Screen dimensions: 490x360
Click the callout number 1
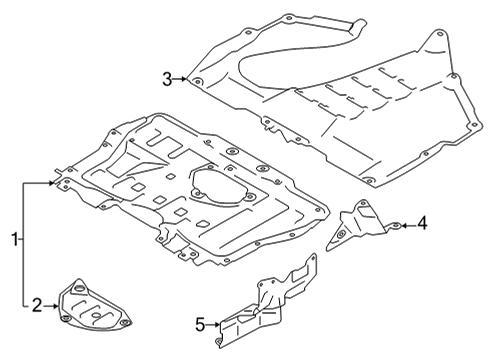(14, 239)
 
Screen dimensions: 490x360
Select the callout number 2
(37, 305)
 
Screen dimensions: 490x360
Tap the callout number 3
(168, 79)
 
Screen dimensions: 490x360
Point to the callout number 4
(422, 223)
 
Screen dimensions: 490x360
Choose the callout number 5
(200, 324)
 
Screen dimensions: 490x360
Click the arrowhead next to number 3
(184, 79)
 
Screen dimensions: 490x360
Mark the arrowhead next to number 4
(404, 226)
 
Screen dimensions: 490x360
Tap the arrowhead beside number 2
(55, 306)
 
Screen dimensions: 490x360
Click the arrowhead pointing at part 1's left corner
(51, 183)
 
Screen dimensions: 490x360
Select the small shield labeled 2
(94, 308)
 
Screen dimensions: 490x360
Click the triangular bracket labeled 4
(362, 225)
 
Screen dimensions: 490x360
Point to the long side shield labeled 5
(267, 302)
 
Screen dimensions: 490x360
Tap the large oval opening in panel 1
(221, 184)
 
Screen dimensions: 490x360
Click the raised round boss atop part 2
(80, 287)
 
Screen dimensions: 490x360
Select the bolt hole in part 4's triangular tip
(341, 235)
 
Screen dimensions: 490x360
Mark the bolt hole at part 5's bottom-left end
(218, 341)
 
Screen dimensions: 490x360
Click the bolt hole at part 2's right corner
(125, 322)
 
